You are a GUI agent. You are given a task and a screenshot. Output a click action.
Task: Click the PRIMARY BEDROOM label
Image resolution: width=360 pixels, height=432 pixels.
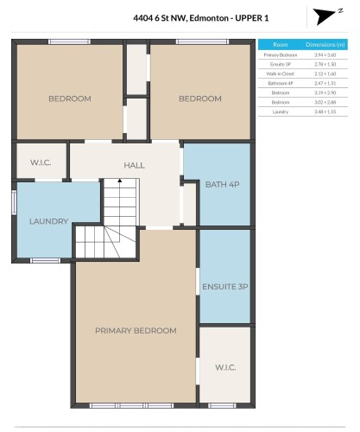point(136,330)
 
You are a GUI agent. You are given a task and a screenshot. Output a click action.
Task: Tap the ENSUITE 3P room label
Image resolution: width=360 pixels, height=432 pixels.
point(224,286)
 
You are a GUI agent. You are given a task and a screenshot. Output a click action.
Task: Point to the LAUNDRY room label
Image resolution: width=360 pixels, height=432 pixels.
point(48,221)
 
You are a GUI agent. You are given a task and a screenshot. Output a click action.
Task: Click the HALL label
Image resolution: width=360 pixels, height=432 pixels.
point(134,165)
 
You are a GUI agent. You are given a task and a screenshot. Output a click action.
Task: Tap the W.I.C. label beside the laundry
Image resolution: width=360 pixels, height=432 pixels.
point(41,162)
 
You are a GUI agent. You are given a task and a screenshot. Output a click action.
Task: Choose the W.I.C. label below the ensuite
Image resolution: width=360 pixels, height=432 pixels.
point(224,366)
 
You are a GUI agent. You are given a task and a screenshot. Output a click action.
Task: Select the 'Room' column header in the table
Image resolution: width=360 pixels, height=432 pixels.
point(280,44)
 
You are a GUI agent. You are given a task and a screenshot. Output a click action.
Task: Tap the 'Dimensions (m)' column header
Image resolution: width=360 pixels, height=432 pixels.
point(328,44)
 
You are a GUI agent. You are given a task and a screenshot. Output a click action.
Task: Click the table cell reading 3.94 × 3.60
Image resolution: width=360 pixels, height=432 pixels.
point(328,54)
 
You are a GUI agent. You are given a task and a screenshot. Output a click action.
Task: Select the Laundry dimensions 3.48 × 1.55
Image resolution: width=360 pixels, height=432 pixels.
point(328,111)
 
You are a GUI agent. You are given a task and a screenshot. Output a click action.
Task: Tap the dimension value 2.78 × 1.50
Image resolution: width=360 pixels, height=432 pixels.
point(328,64)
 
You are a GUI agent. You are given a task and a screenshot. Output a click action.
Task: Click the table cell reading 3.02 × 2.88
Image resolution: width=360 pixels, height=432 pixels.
point(328,102)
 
